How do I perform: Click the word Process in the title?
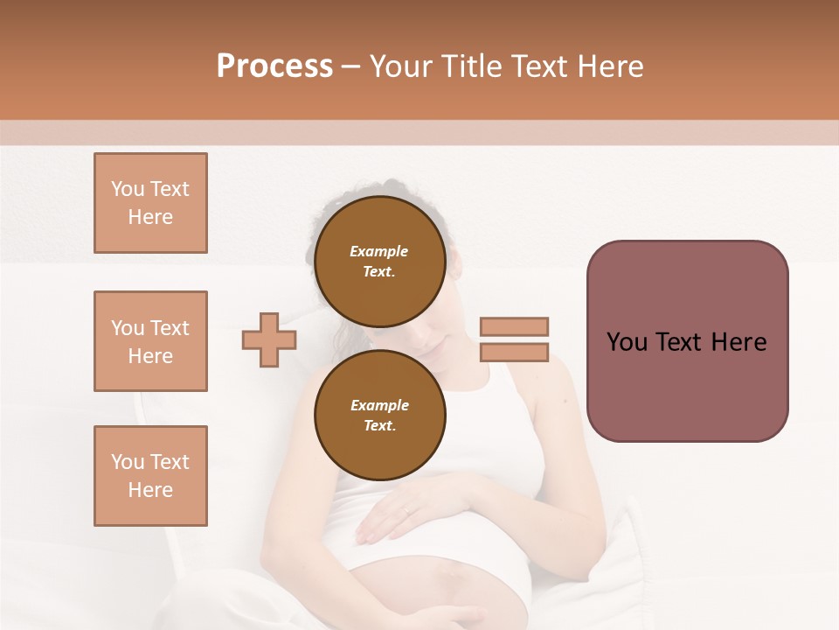point(274,66)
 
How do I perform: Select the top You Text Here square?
point(150,203)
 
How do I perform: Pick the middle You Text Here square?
point(150,341)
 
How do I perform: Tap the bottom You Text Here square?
point(150,476)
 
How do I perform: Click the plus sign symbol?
point(269,339)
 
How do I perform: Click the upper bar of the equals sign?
point(514,326)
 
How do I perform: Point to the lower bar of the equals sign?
point(514,353)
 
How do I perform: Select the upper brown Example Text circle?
point(379,261)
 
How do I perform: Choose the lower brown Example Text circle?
point(379,415)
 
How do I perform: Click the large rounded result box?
point(687,341)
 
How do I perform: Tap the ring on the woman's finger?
point(406,508)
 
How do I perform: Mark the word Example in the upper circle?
point(379,251)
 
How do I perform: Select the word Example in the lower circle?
point(379,405)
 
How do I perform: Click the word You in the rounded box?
point(628,342)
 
